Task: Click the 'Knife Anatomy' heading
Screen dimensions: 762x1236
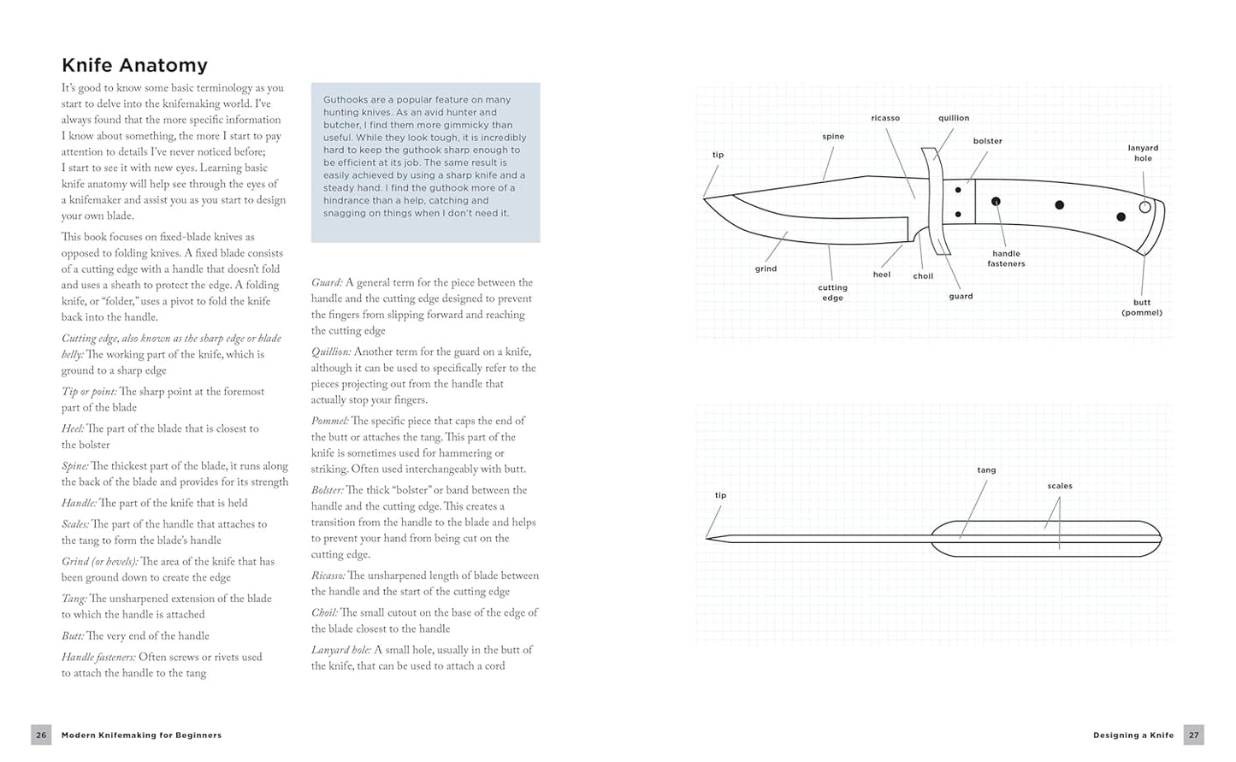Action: (134, 65)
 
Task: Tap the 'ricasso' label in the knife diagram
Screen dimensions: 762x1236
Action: (885, 118)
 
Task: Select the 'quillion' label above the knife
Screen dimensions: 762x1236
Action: (953, 118)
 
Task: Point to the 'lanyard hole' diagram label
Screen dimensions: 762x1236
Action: (1143, 153)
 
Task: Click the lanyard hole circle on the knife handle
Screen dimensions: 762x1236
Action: (1145, 207)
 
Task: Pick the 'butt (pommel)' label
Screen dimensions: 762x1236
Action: (1142, 307)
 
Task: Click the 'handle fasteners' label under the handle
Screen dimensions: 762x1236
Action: (1006, 258)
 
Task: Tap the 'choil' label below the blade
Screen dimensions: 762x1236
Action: (923, 276)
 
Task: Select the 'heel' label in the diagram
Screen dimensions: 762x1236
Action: (882, 275)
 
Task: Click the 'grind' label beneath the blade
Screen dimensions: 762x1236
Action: (766, 269)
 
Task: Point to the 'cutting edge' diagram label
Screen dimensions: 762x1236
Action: (832, 292)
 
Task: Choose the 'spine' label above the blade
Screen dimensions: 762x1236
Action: (833, 136)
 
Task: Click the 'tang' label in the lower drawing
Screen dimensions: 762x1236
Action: (986, 470)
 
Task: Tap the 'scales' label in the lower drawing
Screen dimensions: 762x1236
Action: (1060, 486)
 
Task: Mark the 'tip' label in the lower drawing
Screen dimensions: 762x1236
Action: (720, 495)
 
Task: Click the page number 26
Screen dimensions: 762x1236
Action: (41, 735)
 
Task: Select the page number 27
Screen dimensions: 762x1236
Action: (1194, 735)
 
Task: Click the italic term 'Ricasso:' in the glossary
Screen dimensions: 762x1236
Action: (328, 576)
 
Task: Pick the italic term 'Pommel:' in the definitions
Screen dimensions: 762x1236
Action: (329, 421)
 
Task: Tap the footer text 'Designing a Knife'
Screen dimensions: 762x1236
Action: (1133, 735)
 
